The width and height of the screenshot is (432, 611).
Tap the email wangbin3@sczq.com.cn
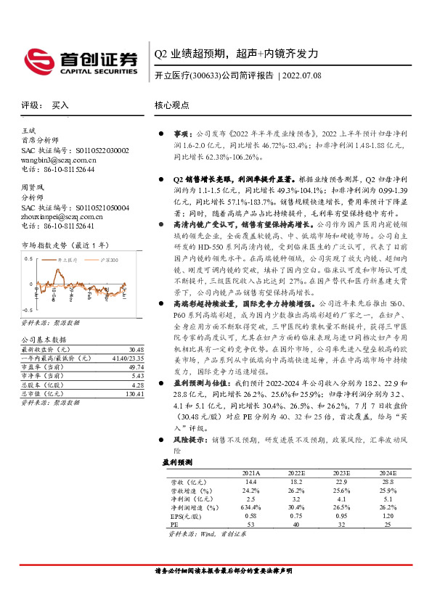[x=58, y=159]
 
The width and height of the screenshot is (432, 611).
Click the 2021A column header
[x=252, y=473]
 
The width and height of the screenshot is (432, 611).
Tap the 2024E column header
[x=387, y=473]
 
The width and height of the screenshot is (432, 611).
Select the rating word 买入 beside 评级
[x=60, y=105]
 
